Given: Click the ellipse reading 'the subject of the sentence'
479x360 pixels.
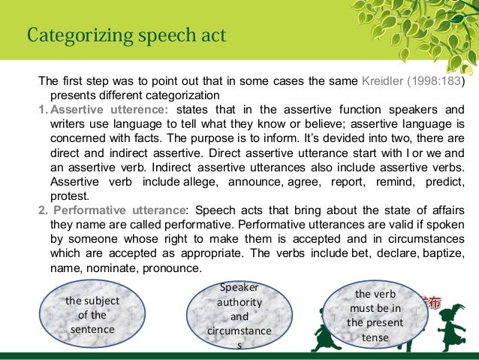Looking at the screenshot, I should (x=92, y=315).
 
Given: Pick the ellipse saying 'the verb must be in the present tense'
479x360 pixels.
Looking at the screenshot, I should (x=375, y=316).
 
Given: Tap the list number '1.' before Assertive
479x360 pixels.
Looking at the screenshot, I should (x=44, y=109).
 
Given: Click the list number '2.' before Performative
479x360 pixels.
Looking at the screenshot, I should (x=44, y=208).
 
